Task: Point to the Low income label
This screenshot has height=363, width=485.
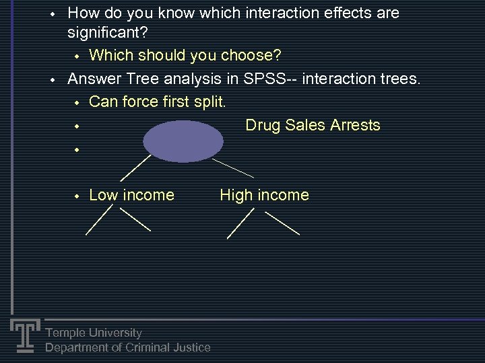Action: pyautogui.click(x=131, y=195)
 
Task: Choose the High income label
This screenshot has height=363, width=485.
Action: pyautogui.click(x=264, y=195)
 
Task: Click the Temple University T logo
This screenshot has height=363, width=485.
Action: pyautogui.click(x=24, y=335)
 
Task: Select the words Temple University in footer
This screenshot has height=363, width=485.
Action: pyautogui.click(x=94, y=333)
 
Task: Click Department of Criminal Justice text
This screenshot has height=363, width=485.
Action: pyautogui.click(x=128, y=348)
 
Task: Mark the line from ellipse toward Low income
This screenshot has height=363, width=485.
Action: pyautogui.click(x=135, y=167)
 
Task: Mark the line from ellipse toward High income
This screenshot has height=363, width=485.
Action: pyautogui.click(x=233, y=169)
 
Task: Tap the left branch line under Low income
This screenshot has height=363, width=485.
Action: pyautogui.click(x=99, y=220)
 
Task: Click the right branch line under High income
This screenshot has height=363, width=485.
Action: pyautogui.click(x=282, y=223)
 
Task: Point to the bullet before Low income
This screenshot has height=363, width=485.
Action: pyautogui.click(x=77, y=196)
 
